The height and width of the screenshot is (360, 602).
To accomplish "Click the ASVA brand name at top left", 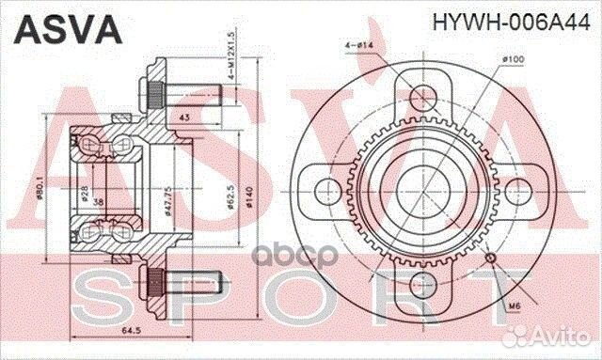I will [66, 28].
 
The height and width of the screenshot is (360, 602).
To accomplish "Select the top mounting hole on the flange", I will [420, 99].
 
